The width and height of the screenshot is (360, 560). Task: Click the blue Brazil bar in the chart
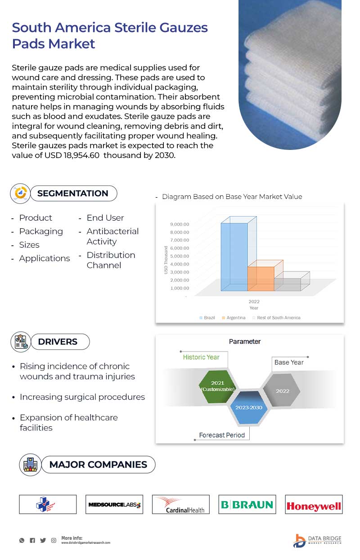[x=234, y=257]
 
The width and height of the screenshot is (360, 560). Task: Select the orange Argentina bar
[x=261, y=279]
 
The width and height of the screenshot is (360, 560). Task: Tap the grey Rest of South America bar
[x=288, y=284]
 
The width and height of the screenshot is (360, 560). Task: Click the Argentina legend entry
[x=233, y=318]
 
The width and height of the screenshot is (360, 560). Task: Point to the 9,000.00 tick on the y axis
[x=180, y=224]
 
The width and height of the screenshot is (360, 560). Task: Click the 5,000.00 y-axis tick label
[x=180, y=256]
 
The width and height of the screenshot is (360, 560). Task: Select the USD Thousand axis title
[x=166, y=260]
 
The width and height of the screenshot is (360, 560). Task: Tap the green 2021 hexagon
[x=217, y=386]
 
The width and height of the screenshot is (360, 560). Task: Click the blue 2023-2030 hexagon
[x=249, y=407]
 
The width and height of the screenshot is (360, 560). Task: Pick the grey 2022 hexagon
[x=282, y=391]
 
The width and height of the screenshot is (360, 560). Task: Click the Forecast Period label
[x=222, y=435]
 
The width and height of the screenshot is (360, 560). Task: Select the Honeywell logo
[x=314, y=505]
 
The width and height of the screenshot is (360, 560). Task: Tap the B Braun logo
[x=247, y=505]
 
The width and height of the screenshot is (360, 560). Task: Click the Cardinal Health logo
[x=181, y=505]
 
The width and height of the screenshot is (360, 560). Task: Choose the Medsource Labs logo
[x=114, y=505]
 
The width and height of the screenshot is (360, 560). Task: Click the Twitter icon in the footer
[x=43, y=540]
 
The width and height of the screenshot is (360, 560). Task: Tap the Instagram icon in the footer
[x=54, y=540]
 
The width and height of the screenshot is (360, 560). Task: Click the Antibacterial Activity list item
[x=112, y=236]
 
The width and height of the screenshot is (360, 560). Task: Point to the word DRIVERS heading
[x=58, y=342]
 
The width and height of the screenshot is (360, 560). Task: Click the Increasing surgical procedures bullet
[x=82, y=397]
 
